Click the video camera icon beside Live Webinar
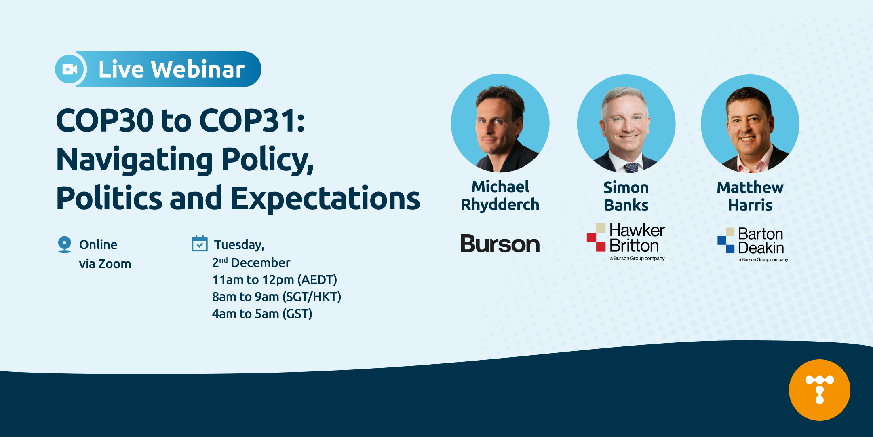point(70,69)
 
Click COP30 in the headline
point(105,121)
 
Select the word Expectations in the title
point(325,199)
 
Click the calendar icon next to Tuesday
point(199,244)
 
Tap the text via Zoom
point(105,264)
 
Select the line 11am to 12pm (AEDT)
point(274,280)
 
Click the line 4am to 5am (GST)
point(262,314)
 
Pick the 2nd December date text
point(251,263)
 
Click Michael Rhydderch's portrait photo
point(500,123)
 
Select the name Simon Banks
point(626,196)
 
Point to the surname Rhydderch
point(500,205)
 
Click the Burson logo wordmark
point(500,244)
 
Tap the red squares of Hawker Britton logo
point(596,242)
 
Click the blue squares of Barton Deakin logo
point(725,244)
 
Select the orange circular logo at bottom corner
point(819,390)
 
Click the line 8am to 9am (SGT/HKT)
point(276,297)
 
